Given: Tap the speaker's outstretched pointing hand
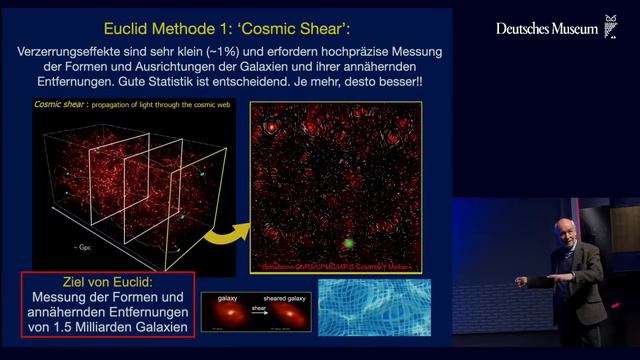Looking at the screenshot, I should (521, 283).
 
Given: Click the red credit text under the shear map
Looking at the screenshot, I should (335, 267).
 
